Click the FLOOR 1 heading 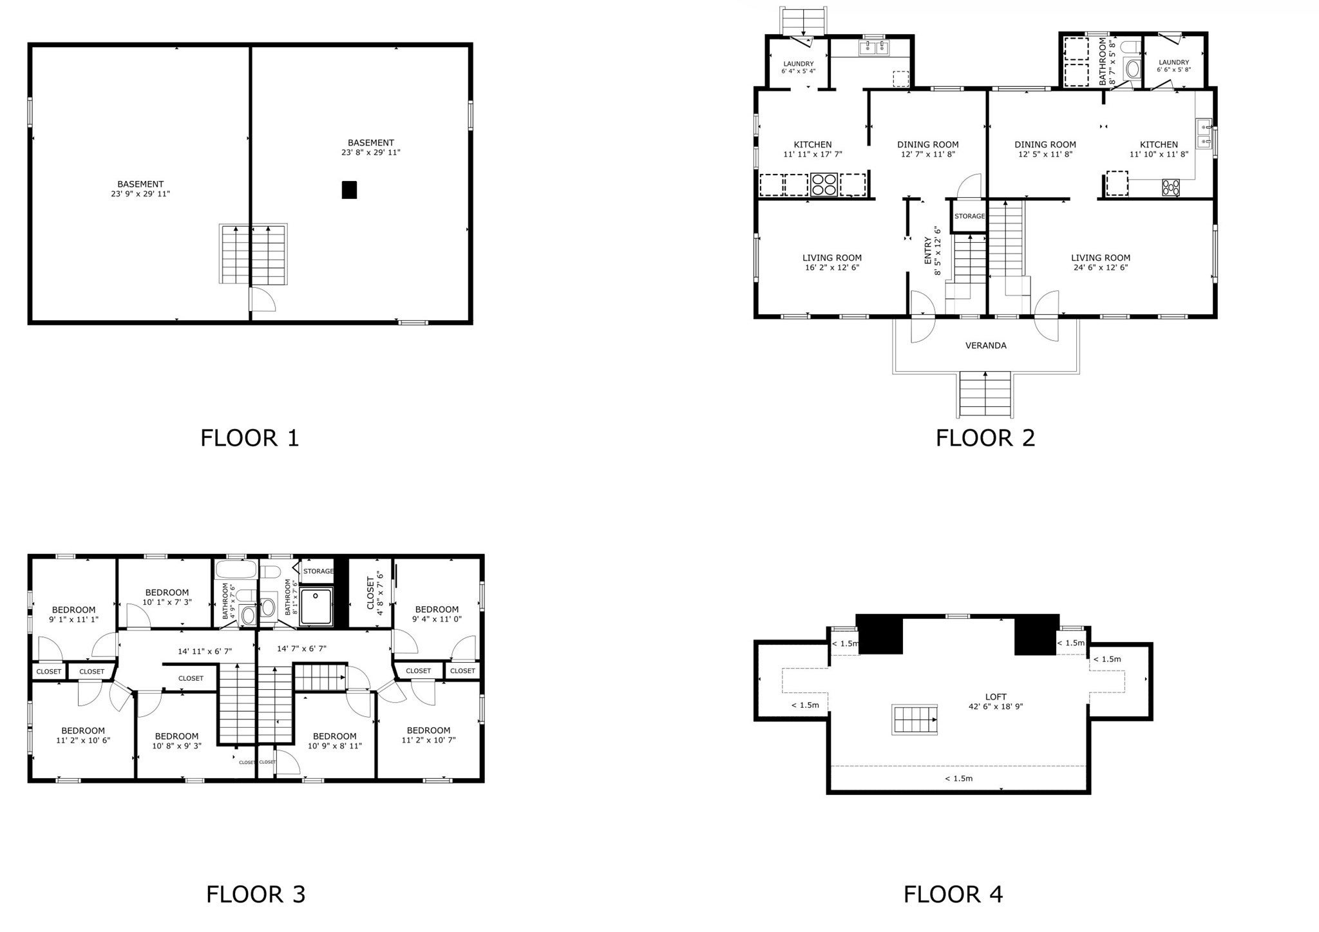click(250, 438)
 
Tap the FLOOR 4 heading click(953, 894)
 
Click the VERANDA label click(985, 346)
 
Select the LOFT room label click(996, 697)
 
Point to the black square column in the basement click(349, 190)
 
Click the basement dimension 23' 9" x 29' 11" click(140, 194)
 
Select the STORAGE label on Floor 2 click(969, 216)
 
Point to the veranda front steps click(985, 394)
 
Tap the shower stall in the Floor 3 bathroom click(316, 605)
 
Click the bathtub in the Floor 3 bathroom click(236, 571)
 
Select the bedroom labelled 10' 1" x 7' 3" click(167, 597)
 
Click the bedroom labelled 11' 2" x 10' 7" click(428, 735)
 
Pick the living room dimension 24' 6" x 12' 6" click(1101, 267)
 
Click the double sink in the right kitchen click(1204, 133)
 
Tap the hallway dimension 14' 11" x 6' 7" click(205, 651)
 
